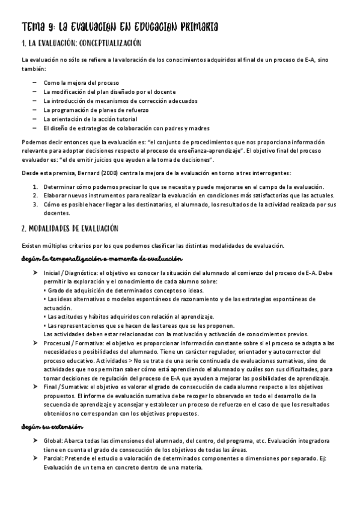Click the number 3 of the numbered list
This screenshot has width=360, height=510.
point(35,204)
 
